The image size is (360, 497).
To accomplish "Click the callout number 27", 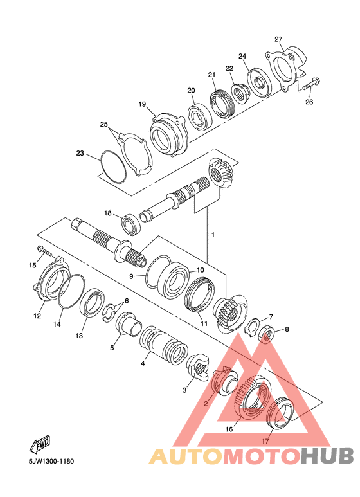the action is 278,39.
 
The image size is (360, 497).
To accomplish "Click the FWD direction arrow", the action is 40,444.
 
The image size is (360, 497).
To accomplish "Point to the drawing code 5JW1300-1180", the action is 51,461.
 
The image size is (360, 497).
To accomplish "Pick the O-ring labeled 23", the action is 113,167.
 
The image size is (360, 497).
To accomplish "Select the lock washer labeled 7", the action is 252,326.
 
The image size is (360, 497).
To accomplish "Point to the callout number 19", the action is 142,104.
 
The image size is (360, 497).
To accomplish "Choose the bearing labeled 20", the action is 201,116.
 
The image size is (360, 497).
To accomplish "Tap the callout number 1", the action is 213,235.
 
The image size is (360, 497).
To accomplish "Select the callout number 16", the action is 229,429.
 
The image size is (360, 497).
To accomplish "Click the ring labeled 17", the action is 280,413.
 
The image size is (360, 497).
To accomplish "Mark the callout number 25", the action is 104,124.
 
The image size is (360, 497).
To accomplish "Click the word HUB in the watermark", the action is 327,456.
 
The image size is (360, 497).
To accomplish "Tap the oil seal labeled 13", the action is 92,303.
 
